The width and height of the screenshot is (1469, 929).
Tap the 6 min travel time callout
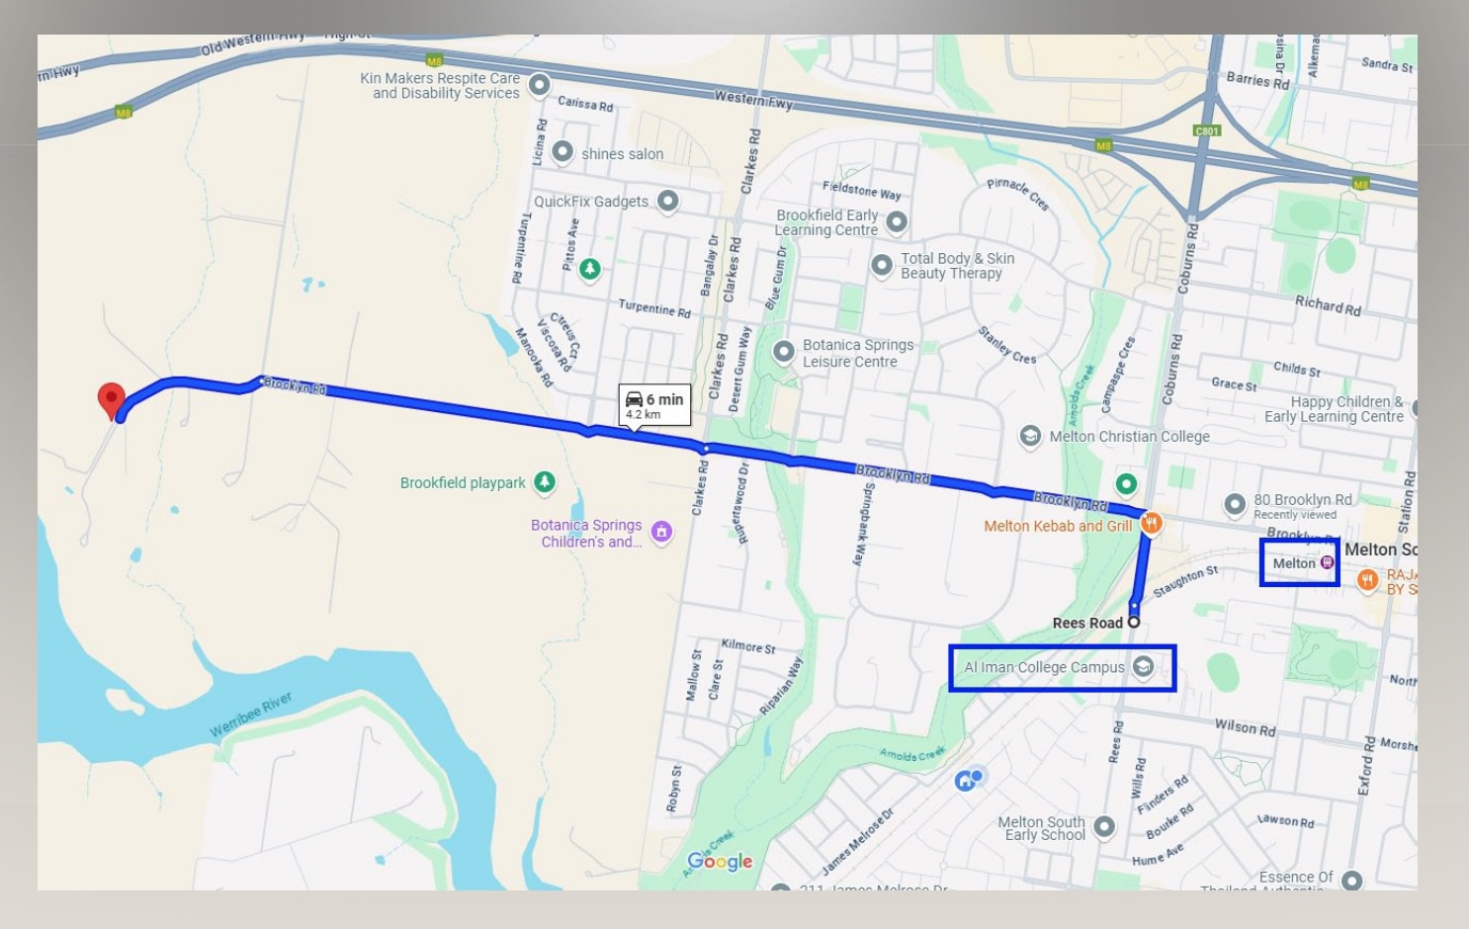click(654, 404)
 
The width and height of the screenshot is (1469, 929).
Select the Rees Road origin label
click(1087, 623)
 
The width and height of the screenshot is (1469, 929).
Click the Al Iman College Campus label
click(1044, 667)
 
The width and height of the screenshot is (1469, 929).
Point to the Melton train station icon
click(1328, 562)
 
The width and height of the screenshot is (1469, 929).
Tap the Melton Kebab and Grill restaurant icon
click(1151, 524)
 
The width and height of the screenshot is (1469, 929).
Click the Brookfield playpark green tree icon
click(544, 481)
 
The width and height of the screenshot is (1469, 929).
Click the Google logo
click(720, 861)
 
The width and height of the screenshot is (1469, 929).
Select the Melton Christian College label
click(1129, 437)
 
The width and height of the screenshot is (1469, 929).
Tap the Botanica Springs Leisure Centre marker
click(784, 352)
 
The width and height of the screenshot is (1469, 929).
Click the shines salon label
click(622, 154)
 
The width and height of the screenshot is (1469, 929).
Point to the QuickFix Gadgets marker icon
click(668, 201)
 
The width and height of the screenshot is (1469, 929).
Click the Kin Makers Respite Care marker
click(539, 85)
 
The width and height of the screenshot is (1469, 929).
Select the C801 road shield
click(1207, 130)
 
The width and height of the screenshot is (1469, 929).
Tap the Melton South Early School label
click(1041, 828)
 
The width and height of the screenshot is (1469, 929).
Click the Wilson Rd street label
click(1245, 727)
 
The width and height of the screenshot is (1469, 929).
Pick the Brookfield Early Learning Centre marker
click(897, 221)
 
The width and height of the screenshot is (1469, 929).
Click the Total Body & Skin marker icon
click(882, 265)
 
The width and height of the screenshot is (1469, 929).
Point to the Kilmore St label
click(748, 646)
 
